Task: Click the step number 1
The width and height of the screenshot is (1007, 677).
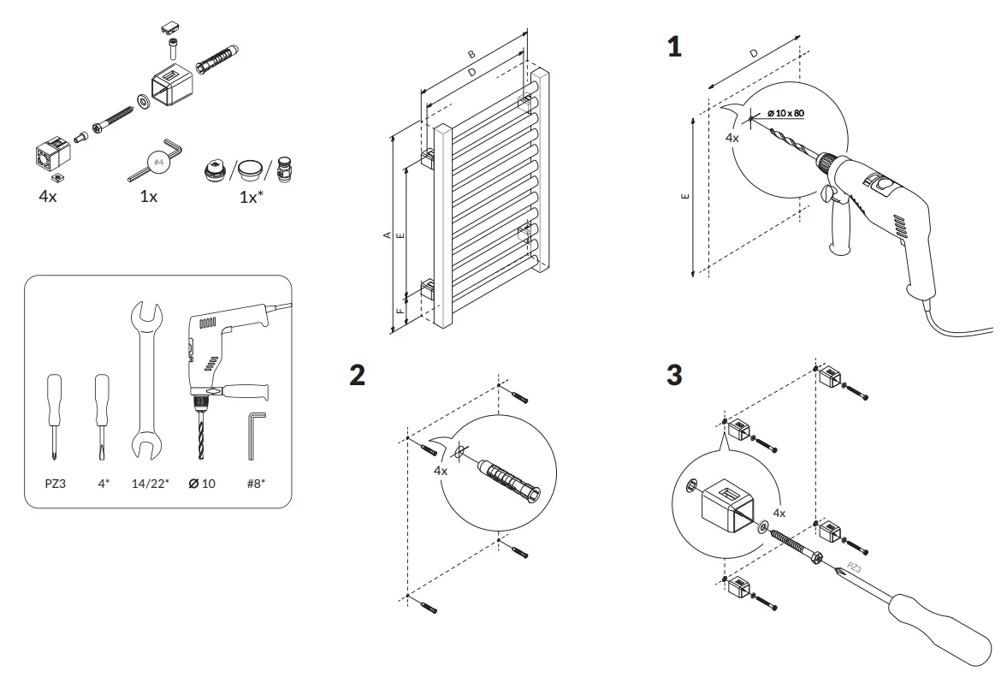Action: tap(674, 47)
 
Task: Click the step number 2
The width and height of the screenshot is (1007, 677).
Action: tap(358, 375)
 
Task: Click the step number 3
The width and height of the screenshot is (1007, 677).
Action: tap(674, 375)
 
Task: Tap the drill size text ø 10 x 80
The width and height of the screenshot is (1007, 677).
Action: tap(785, 113)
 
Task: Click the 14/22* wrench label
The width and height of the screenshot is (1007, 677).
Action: tap(150, 484)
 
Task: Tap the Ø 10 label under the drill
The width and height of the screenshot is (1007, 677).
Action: tap(202, 484)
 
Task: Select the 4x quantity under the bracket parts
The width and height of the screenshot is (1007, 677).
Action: tap(48, 196)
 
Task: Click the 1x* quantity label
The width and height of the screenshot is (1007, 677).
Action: tap(250, 196)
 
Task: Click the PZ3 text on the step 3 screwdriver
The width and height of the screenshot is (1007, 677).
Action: tap(853, 567)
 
